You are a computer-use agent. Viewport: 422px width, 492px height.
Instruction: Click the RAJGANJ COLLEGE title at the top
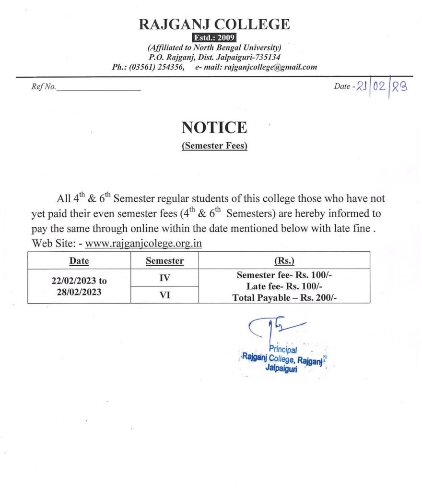click(x=214, y=24)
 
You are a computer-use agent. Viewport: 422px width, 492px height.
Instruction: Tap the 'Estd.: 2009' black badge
click(x=214, y=38)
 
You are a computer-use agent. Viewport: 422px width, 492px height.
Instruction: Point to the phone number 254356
click(x=170, y=67)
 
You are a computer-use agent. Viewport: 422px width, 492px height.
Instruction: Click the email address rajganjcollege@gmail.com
click(x=270, y=67)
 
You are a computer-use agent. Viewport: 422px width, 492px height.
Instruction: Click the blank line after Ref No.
click(x=99, y=88)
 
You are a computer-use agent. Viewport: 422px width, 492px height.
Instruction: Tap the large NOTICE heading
click(x=214, y=127)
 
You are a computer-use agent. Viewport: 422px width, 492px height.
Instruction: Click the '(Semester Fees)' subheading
click(x=214, y=146)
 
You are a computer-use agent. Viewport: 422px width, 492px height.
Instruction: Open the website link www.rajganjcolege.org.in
click(x=143, y=244)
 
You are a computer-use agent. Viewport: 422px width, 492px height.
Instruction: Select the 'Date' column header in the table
click(x=79, y=261)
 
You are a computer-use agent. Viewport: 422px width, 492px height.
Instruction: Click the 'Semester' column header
click(x=164, y=261)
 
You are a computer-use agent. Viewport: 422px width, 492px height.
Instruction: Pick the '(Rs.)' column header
click(x=284, y=261)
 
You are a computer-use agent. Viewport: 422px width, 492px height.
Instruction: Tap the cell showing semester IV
click(x=164, y=278)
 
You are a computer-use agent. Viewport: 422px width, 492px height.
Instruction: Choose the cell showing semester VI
click(x=164, y=295)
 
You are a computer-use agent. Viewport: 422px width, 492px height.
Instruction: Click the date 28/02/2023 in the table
click(x=79, y=292)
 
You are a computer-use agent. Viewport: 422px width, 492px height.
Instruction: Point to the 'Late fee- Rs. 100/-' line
click(x=284, y=286)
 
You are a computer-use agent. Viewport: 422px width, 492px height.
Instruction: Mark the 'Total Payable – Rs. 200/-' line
click(x=284, y=297)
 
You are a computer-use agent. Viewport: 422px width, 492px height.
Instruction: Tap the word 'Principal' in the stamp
click(x=282, y=350)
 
